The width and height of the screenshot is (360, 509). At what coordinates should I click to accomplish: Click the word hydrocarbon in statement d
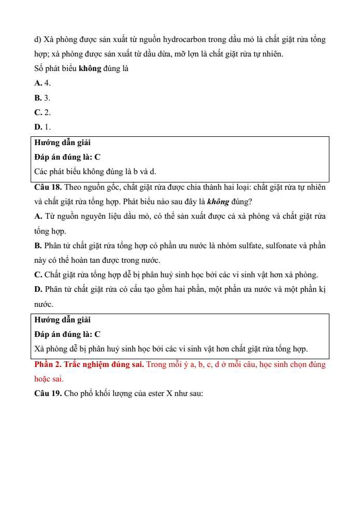coord(185,39)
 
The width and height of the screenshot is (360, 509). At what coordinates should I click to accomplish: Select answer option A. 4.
coord(43,83)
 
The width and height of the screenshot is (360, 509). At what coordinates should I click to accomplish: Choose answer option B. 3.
coord(43,97)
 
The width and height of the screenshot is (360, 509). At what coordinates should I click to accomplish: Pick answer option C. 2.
coord(43,112)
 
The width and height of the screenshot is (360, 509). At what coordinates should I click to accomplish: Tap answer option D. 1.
coord(43,126)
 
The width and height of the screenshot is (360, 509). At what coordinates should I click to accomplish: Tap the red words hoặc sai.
coord(49,379)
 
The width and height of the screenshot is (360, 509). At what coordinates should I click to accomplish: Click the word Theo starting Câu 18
coord(74,187)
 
